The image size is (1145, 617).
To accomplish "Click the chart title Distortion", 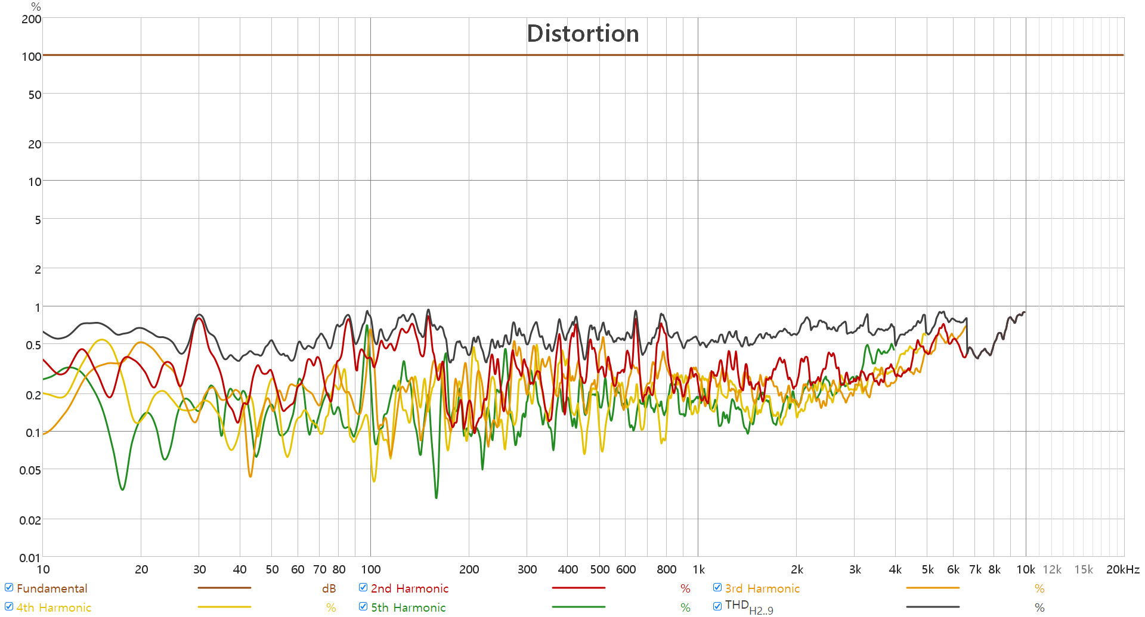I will (583, 33).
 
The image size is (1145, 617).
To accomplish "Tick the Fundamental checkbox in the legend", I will (9, 588).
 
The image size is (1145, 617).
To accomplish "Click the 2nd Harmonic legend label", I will (409, 588).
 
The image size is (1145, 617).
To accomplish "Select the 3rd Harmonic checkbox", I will (717, 588).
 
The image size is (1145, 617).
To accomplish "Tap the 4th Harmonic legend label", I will (54, 607).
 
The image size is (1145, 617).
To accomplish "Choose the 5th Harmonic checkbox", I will (363, 607).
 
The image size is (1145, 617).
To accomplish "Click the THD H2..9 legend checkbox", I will (717, 607).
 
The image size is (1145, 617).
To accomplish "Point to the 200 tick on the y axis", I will (32, 19).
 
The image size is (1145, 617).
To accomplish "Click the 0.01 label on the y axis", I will (30, 558).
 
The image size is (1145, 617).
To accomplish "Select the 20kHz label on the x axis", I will (1122, 569).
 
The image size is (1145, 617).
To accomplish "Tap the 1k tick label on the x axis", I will (698, 569).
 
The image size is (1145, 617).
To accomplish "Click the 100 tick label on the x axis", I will (370, 569).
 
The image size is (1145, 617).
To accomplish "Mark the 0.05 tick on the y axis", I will (30, 470).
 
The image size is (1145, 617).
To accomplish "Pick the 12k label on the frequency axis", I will (1052, 569).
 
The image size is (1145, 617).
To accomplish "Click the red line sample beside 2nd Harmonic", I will (578, 588).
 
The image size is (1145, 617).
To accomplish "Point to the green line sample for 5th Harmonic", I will (578, 607).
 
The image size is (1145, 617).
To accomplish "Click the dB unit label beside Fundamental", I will (329, 588).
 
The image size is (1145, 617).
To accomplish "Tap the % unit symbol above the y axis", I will (36, 7).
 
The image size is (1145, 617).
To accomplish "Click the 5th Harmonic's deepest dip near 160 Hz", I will (436, 497).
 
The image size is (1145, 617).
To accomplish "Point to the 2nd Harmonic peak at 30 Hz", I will (199, 319).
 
